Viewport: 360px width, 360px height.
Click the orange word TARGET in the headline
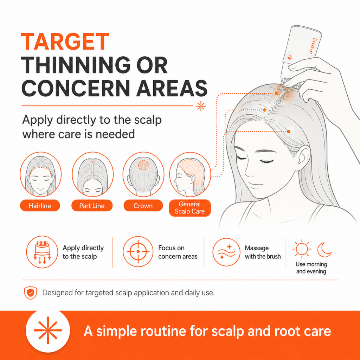(x=65, y=41)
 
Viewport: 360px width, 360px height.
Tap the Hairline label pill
(x=40, y=205)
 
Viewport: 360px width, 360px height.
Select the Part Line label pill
(x=92, y=205)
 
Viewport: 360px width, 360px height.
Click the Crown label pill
(x=143, y=205)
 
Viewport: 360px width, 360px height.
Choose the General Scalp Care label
(x=190, y=208)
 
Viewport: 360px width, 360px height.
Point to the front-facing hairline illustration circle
(x=20, y=174)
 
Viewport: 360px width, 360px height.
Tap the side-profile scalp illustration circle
(x=170, y=174)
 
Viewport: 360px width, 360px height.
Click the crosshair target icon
(x=138, y=252)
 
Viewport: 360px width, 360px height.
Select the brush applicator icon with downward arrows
(x=42, y=252)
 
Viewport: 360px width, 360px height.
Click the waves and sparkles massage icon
(x=226, y=252)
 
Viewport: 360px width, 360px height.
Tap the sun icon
(x=302, y=249)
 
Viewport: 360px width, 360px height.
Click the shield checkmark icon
(x=31, y=293)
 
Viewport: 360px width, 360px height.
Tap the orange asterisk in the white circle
(x=48, y=330)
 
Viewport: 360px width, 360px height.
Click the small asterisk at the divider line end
(x=201, y=106)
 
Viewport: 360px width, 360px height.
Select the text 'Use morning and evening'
(x=311, y=268)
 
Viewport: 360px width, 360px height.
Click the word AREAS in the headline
(x=172, y=88)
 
